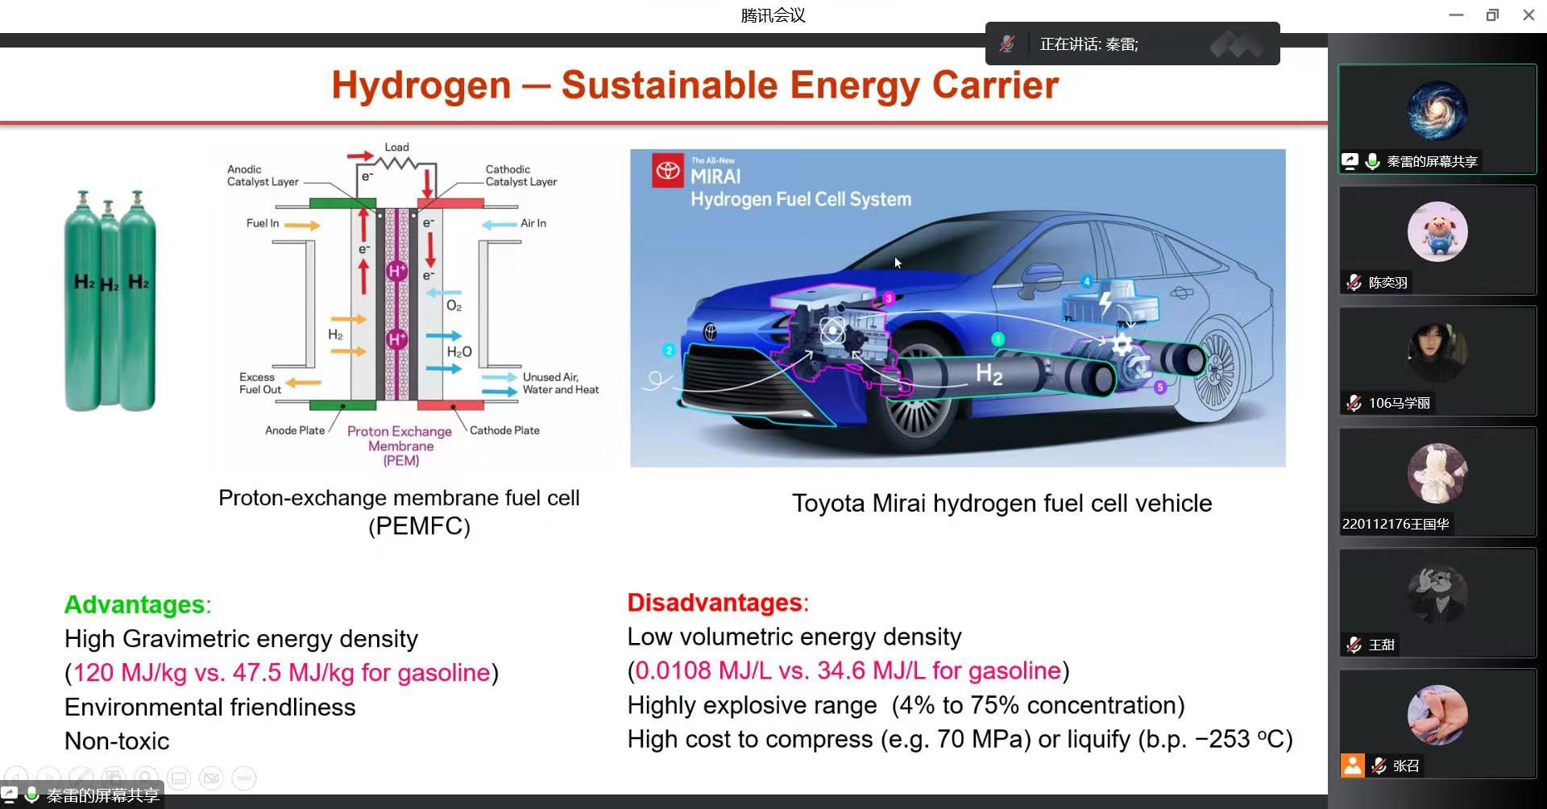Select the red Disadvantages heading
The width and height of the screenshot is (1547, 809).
[715, 603]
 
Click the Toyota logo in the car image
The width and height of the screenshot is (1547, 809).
[668, 171]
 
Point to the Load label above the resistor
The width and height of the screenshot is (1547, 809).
[396, 147]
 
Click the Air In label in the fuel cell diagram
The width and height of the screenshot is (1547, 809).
[533, 223]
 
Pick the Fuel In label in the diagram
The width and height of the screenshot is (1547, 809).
[263, 223]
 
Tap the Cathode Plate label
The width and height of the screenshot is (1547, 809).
[504, 430]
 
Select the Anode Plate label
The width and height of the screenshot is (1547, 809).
[295, 430]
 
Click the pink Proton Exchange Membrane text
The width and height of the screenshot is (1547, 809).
[400, 446]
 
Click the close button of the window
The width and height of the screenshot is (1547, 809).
[1528, 15]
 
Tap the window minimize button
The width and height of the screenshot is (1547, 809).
[1456, 15]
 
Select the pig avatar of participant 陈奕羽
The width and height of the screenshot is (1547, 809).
[1437, 232]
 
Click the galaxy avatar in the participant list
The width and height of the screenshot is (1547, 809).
[1437, 111]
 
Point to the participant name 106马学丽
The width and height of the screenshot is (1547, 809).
[1400, 403]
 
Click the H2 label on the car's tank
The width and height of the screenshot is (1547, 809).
[989, 374]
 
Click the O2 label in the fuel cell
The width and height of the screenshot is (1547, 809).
[454, 306]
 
